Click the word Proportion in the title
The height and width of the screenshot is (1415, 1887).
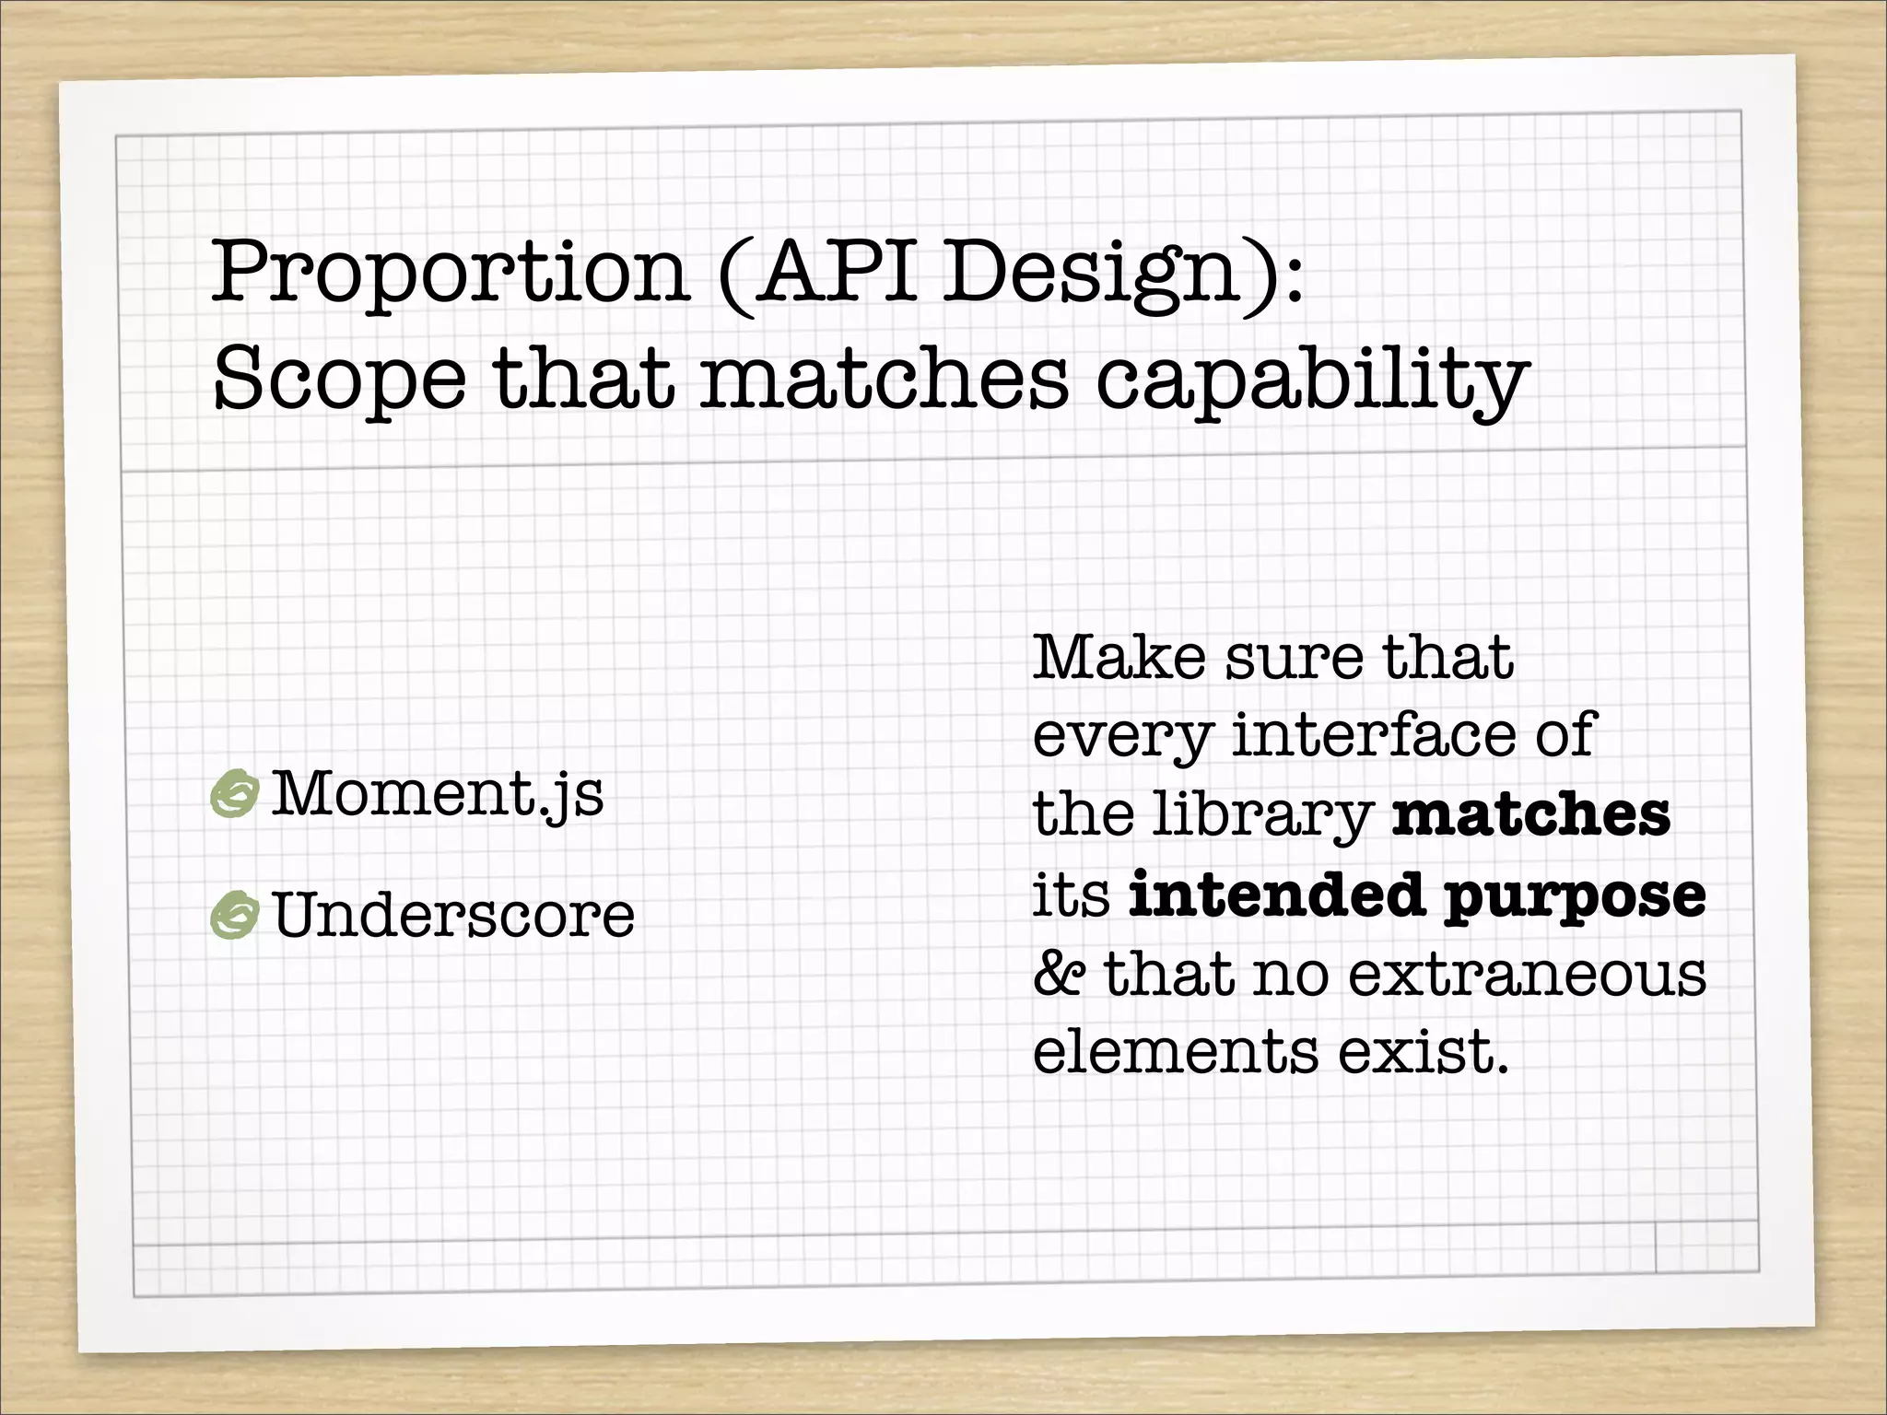click(451, 273)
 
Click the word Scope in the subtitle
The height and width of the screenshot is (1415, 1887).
click(339, 380)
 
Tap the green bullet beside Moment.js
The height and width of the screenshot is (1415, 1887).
click(234, 793)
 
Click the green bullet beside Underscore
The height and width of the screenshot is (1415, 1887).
click(234, 916)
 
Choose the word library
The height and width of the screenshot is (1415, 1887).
click(1263, 815)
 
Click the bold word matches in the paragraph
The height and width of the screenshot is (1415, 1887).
click(1530, 814)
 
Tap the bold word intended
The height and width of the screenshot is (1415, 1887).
click(1276, 894)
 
